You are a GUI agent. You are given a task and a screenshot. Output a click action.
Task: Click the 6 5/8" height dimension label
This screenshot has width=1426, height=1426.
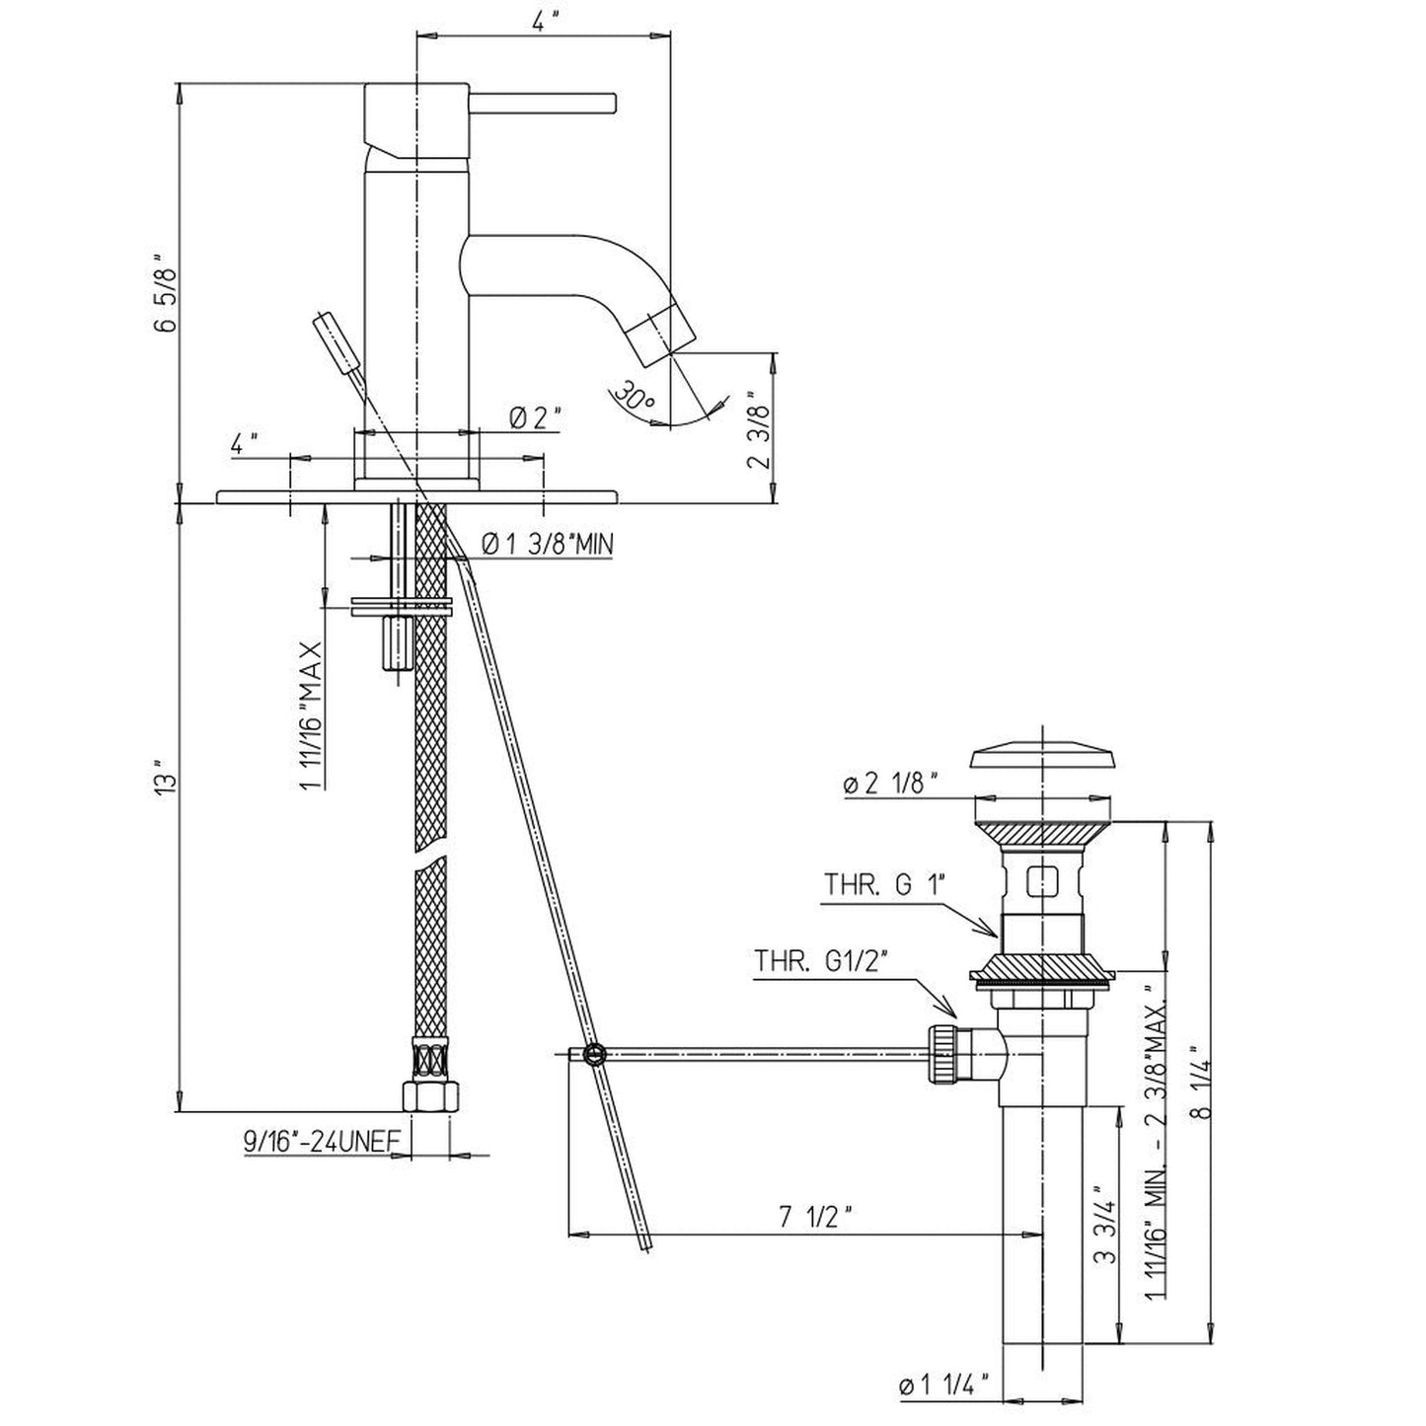pyautogui.click(x=166, y=294)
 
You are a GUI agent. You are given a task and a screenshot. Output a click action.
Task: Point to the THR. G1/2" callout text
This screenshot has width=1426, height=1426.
pyautogui.click(x=820, y=961)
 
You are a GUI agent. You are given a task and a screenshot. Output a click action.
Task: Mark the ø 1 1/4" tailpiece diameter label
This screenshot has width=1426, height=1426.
pyautogui.click(x=943, y=1386)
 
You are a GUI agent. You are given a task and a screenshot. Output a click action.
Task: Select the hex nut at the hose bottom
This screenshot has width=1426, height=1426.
pyautogui.click(x=431, y=1096)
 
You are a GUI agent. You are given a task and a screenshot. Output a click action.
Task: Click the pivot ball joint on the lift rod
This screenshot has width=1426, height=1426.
pyautogui.click(x=593, y=1054)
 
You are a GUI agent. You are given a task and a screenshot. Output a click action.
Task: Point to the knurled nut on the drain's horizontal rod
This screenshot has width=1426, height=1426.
pyautogui.click(x=942, y=1054)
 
